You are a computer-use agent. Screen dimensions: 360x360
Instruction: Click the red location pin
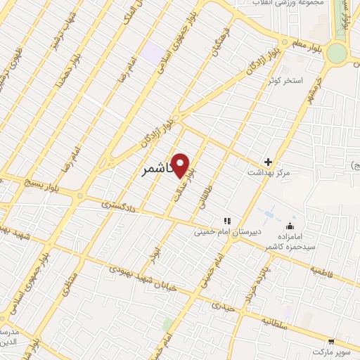tap(181, 165)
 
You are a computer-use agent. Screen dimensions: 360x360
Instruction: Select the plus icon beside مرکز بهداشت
tap(268, 161)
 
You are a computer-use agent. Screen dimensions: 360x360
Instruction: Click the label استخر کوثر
tap(284, 81)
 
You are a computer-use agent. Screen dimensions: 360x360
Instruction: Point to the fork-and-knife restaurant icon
tap(226, 220)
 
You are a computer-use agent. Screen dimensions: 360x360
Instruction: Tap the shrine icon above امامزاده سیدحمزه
tap(290, 225)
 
